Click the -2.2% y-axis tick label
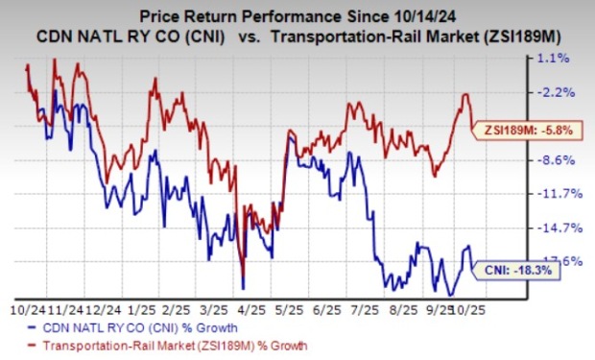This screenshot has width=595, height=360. (x=557, y=92)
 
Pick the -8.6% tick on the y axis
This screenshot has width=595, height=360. (x=557, y=159)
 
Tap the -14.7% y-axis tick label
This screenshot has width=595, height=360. (x=557, y=228)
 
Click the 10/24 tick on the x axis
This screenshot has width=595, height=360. (x=25, y=310)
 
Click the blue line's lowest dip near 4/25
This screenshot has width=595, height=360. (x=243, y=287)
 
